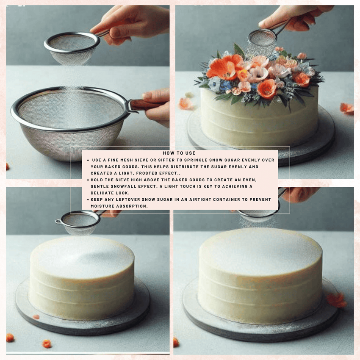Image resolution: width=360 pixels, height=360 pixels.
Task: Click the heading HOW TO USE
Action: (x=179, y=153)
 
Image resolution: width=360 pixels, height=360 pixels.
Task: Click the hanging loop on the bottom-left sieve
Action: (x=58, y=222)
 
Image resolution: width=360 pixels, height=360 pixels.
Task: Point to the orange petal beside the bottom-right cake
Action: (x=337, y=300)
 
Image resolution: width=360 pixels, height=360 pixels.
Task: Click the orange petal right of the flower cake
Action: (x=347, y=108)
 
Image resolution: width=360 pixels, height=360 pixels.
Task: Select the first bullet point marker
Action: (x=88, y=160)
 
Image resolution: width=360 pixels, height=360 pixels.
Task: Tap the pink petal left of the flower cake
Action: (x=186, y=104)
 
